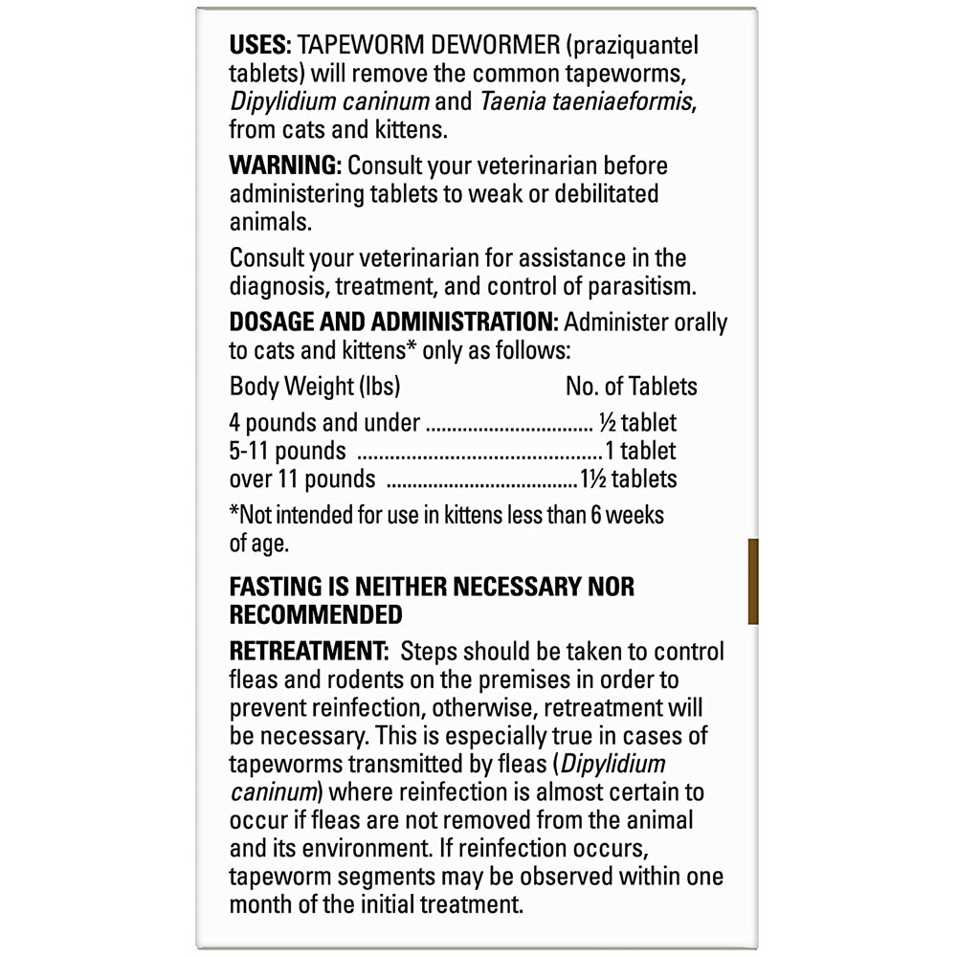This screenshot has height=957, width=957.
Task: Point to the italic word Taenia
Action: pyautogui.click(x=513, y=101)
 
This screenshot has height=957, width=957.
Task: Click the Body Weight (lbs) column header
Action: pyautogui.click(x=315, y=387)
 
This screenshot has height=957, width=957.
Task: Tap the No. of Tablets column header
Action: pyautogui.click(x=631, y=387)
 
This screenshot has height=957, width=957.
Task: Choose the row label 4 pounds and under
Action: pyautogui.click(x=324, y=423)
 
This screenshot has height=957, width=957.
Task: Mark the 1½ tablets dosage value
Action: pyautogui.click(x=629, y=478)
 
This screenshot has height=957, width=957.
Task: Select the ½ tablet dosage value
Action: pyautogui.click(x=637, y=423)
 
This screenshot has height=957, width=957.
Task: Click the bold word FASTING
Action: pyautogui.click(x=278, y=586)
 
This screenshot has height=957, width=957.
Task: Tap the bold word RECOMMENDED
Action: pyautogui.click(x=316, y=614)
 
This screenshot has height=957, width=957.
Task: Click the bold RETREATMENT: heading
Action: pyautogui.click(x=307, y=652)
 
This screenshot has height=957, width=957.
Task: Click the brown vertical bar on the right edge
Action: pyautogui.click(x=753, y=581)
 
